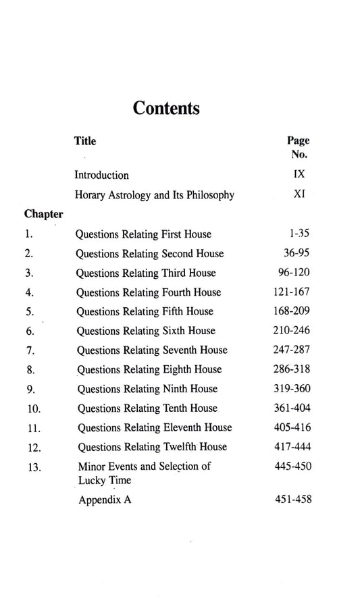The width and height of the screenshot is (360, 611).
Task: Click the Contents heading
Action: click(165, 109)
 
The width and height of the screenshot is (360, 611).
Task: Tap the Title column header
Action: click(85, 141)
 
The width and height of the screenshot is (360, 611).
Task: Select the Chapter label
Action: click(44, 215)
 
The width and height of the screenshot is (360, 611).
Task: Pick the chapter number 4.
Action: click(29, 293)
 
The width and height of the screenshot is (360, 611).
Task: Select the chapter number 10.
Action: click(32, 409)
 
